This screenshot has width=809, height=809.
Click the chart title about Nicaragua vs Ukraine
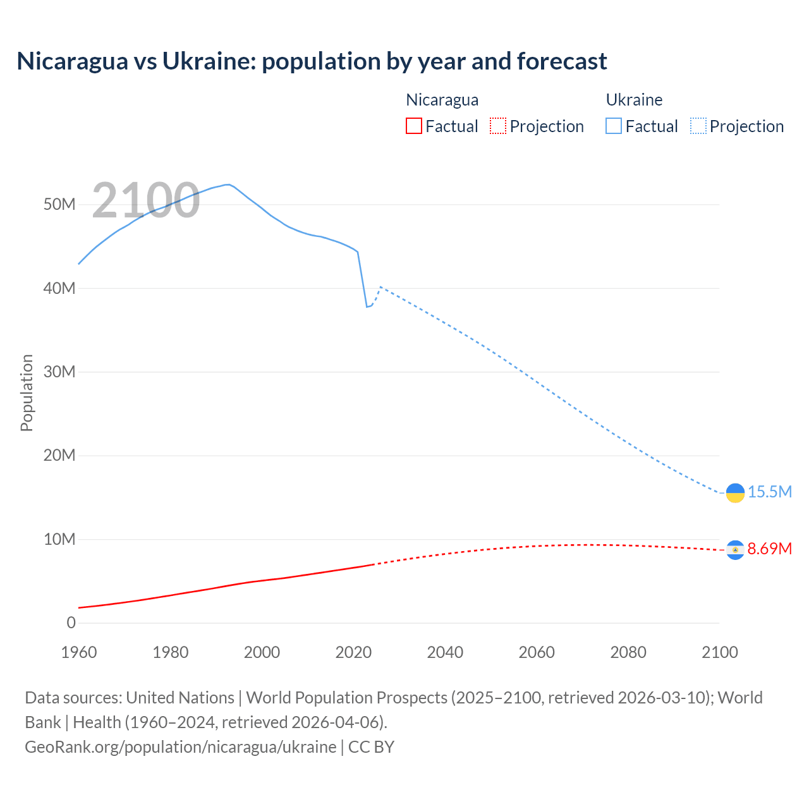pos(312,61)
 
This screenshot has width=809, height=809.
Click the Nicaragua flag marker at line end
pos(735,550)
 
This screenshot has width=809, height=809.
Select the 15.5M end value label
pos(769,492)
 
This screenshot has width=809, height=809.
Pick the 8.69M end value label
pos(769,549)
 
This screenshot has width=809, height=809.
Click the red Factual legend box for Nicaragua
pos(413,126)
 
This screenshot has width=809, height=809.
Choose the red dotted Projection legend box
pos(498,126)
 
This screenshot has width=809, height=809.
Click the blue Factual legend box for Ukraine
pos(613,126)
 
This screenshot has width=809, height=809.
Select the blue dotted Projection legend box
pos(698,126)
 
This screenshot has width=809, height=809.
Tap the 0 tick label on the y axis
pos(71,623)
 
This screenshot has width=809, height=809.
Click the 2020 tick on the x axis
pos(353,652)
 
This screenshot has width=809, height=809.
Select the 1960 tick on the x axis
pos(79,652)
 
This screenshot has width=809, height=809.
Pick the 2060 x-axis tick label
pos(537,652)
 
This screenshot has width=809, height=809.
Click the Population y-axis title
pos(27,392)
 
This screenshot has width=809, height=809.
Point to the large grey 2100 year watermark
pos(146,200)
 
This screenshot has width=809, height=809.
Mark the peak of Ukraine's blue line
pos(227,185)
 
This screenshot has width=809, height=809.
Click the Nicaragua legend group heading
pos(442,100)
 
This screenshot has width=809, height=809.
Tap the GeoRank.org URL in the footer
pos(180,747)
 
